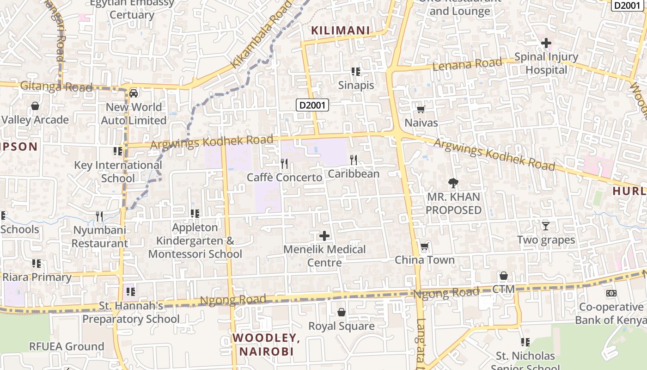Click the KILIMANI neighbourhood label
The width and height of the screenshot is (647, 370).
click(x=340, y=31)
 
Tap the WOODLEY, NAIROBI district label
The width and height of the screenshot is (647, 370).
click(x=266, y=345)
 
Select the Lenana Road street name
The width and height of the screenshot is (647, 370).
click(x=467, y=64)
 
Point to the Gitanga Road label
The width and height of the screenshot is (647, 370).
click(x=56, y=86)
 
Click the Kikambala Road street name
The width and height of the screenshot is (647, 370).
click(x=262, y=35)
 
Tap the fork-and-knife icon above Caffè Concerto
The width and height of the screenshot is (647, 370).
click(x=284, y=163)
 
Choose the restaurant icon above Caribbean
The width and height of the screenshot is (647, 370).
click(x=354, y=160)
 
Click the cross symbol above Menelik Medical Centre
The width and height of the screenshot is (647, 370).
click(x=324, y=236)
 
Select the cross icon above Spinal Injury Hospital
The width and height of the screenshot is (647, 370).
click(x=546, y=43)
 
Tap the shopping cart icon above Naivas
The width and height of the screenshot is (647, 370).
click(x=421, y=109)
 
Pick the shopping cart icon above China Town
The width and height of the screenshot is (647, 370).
click(x=424, y=246)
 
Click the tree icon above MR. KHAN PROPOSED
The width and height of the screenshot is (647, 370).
click(x=453, y=183)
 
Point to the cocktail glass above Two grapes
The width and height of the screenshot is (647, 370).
click(x=546, y=226)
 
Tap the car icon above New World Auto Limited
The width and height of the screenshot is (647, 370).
click(x=134, y=93)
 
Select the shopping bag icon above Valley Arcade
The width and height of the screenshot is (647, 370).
click(x=35, y=106)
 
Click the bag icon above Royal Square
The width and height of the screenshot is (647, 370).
click(x=341, y=313)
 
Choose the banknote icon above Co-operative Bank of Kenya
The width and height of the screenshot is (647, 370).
click(x=611, y=293)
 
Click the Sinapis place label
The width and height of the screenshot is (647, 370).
click(x=356, y=85)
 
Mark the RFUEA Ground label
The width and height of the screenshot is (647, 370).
click(x=67, y=346)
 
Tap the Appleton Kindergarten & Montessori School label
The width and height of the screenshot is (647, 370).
click(x=195, y=240)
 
